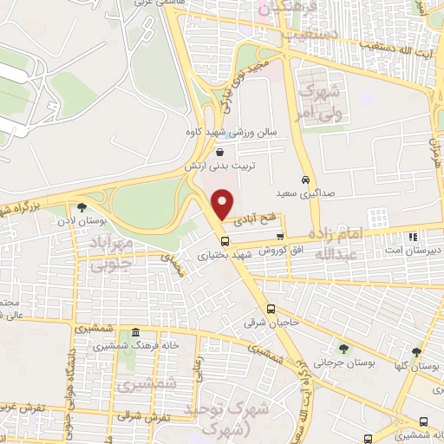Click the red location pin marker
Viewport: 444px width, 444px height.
[x=224, y=203]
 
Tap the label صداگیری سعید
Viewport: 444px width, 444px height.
[x=292, y=193]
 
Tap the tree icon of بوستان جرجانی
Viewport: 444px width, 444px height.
[x=343, y=349]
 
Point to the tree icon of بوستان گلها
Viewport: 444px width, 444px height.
[x=416, y=352]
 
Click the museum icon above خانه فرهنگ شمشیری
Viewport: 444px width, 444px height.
[x=135, y=333]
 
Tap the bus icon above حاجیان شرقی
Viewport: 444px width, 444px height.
[x=271, y=309]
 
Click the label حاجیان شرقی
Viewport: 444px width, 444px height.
[x=280, y=322]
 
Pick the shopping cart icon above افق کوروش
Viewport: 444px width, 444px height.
[x=279, y=236]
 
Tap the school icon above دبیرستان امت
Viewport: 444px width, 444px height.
[x=413, y=236]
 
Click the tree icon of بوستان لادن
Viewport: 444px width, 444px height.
[x=82, y=207]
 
